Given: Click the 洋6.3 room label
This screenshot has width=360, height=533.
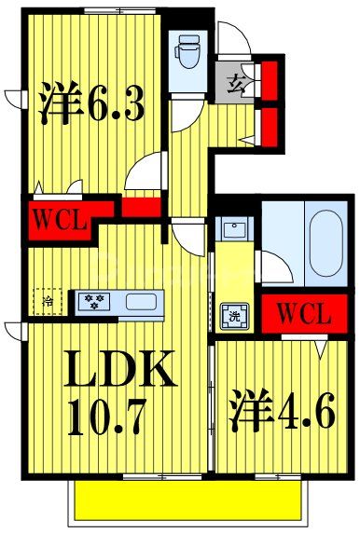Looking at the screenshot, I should tap(90, 105).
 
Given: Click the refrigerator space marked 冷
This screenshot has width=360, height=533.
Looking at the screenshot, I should tap(48, 301).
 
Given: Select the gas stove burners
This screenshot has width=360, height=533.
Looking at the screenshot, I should tap(95, 301).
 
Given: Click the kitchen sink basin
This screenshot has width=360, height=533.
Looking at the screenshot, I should tap(141, 301).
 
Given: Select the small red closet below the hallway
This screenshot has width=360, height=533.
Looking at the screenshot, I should tap(141, 209).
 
